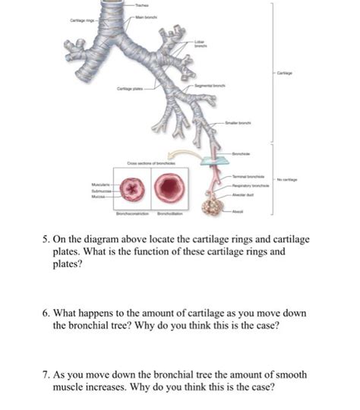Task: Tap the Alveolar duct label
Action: coord(240,194)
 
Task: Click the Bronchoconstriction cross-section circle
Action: coord(134,189)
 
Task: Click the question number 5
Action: coord(47,241)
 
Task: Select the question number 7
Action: coord(47,374)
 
